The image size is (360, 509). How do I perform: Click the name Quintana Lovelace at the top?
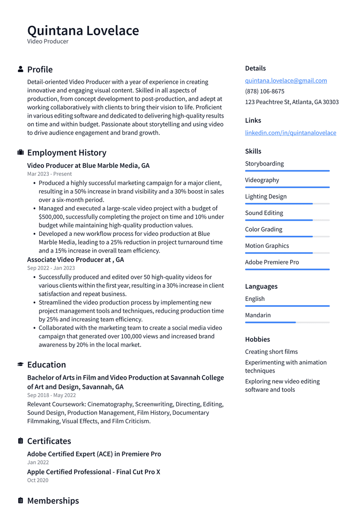(x=83, y=30)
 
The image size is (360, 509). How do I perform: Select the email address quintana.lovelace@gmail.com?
(x=286, y=81)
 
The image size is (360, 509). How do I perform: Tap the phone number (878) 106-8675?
(x=264, y=91)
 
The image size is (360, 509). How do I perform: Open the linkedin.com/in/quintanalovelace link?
(x=290, y=133)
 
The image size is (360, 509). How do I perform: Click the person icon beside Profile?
(x=21, y=69)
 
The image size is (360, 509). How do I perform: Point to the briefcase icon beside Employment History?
(x=21, y=152)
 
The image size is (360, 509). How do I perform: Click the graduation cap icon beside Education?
(x=21, y=364)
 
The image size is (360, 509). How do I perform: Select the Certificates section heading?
(x=49, y=441)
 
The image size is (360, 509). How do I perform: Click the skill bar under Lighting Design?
(x=287, y=203)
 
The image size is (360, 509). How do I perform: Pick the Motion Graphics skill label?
(x=267, y=246)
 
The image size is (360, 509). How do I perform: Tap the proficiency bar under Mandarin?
(x=287, y=322)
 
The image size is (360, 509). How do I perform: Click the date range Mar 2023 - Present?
(x=49, y=174)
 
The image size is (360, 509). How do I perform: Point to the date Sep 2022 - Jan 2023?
(x=51, y=268)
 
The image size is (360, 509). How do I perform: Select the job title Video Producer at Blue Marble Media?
(x=88, y=165)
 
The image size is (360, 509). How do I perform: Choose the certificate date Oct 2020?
(x=37, y=480)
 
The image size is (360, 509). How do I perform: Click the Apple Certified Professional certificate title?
(x=94, y=472)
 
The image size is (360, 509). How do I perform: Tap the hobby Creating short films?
(x=271, y=352)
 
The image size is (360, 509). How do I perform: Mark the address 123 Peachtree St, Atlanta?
(x=292, y=102)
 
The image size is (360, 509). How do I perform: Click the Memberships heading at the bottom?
(x=53, y=501)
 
